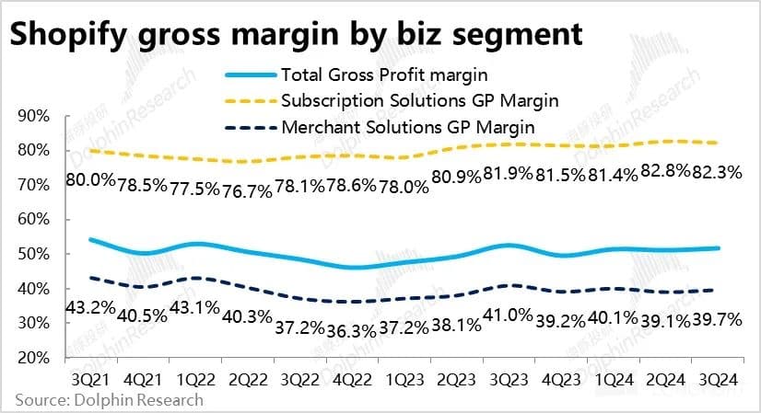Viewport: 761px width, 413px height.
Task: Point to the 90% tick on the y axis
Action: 36,116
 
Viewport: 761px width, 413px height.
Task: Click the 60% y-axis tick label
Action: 36,220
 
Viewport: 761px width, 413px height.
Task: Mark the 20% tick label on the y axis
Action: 36,358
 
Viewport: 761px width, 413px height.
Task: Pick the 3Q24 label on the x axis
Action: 719,379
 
